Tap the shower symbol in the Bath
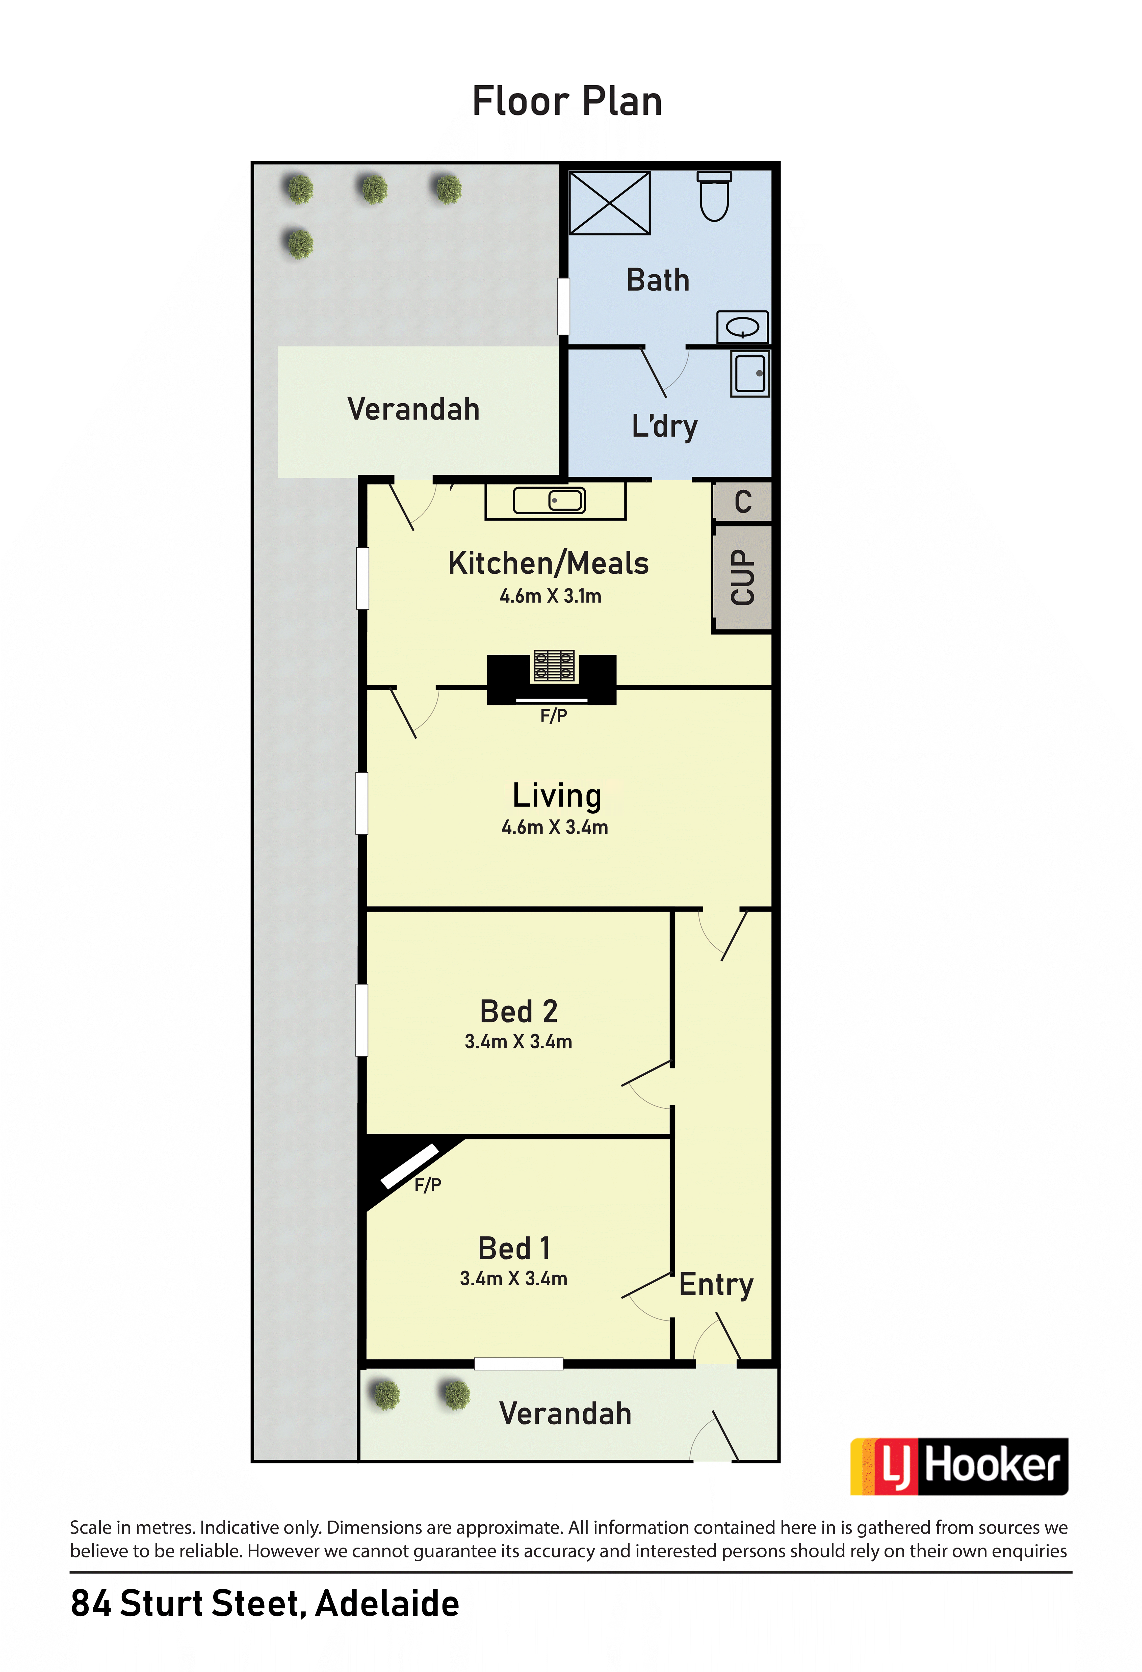(610, 203)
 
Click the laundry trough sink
(750, 374)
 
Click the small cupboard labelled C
(743, 501)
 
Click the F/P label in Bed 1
(427, 1184)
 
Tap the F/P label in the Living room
(553, 715)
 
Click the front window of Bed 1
(518, 1364)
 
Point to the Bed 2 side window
(362, 1019)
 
